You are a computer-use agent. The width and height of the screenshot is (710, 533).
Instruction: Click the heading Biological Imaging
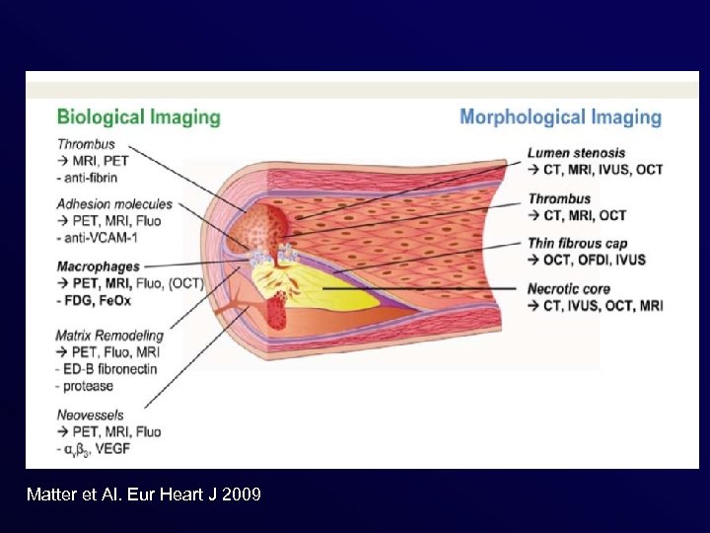[x=139, y=117]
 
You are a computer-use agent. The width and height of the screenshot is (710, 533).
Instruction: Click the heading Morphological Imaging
[x=560, y=117]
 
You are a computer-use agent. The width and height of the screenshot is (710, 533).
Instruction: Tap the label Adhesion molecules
[x=114, y=204]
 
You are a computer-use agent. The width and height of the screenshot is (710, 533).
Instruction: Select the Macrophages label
[x=99, y=266]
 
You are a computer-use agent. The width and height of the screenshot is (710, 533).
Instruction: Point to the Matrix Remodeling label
[x=109, y=336]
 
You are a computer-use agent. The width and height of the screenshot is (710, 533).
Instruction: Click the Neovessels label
[x=90, y=416]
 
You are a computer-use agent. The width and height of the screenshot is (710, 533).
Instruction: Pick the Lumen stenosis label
[x=576, y=153]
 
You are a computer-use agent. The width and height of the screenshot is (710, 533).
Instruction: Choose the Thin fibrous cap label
[x=578, y=244]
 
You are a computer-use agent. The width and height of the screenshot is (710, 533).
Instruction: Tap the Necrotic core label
[x=569, y=289]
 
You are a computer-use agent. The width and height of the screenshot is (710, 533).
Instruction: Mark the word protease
[x=89, y=386]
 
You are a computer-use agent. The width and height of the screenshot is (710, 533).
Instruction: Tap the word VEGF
[x=142, y=449]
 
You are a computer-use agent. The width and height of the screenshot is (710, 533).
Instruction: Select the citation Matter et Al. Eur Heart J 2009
[x=144, y=494]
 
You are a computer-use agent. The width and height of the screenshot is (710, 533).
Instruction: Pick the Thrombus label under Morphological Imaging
[x=559, y=198]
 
